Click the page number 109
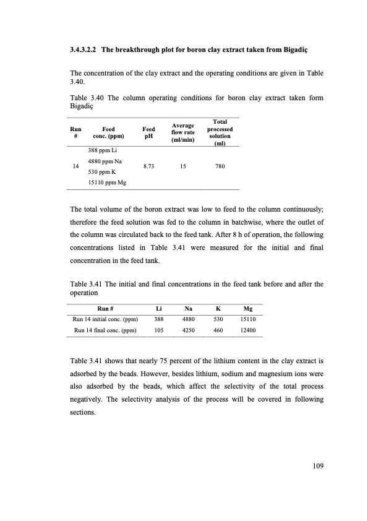point(316,467)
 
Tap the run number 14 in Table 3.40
point(75,166)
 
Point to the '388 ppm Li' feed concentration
point(102,151)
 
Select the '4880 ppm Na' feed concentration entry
point(105,161)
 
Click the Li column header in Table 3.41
point(159,308)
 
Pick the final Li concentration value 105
point(159,330)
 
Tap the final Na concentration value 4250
point(188,330)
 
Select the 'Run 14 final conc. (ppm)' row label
point(105,330)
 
